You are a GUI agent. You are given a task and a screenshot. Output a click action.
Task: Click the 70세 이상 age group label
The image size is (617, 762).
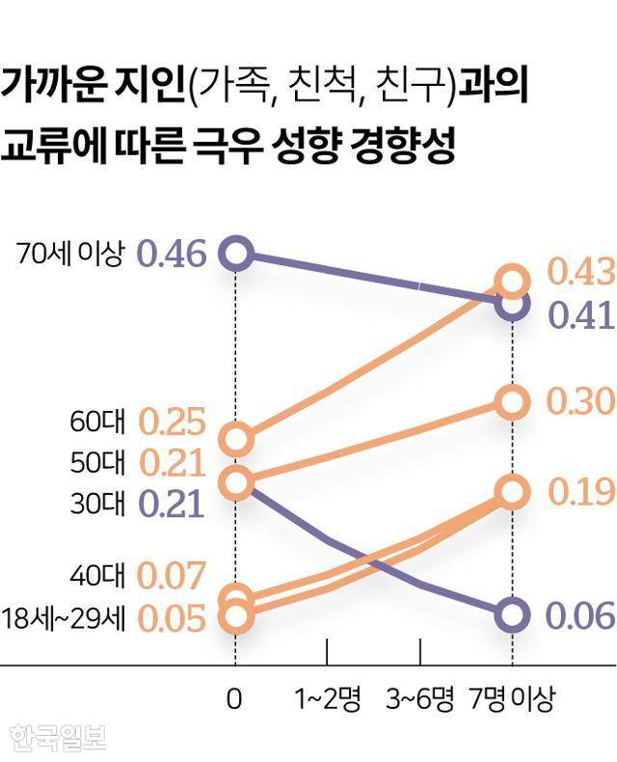(x=70, y=255)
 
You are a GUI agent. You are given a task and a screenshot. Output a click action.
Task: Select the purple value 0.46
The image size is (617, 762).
(x=172, y=255)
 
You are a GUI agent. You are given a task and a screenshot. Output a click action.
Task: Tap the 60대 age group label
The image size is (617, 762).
(x=97, y=422)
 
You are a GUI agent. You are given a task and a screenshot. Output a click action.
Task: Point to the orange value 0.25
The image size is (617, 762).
(x=173, y=422)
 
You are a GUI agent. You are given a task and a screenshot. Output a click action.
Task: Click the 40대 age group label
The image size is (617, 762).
(x=97, y=577)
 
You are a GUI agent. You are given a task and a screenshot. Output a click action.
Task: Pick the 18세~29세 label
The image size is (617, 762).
(x=64, y=617)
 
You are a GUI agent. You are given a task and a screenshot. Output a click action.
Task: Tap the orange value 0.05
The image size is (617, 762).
(x=173, y=617)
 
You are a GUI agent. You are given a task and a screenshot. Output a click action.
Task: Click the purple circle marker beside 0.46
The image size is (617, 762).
(x=236, y=253)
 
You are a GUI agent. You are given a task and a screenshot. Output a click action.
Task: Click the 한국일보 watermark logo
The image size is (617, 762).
(x=57, y=737)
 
